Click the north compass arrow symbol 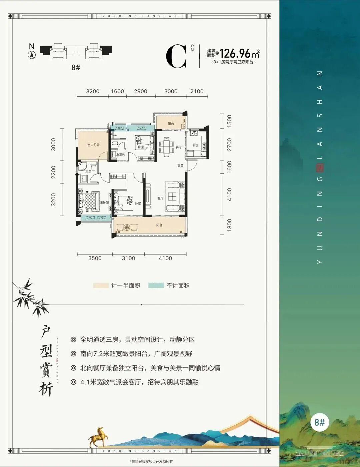pos(32,55)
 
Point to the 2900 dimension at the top pos(140,91)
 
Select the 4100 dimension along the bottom pos(165,258)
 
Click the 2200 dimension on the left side pos(54,173)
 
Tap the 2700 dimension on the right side pos(229,145)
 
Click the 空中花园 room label pos(93,145)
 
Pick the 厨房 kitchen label pos(196,145)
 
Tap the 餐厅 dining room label pos(179,147)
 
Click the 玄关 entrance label pos(180,166)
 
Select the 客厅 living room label pos(160,198)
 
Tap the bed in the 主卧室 pos(89,202)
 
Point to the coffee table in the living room pos(172,196)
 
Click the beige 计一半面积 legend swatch pos(101,285)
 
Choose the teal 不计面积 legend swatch pos(156,285)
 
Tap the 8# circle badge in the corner pos(319,422)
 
